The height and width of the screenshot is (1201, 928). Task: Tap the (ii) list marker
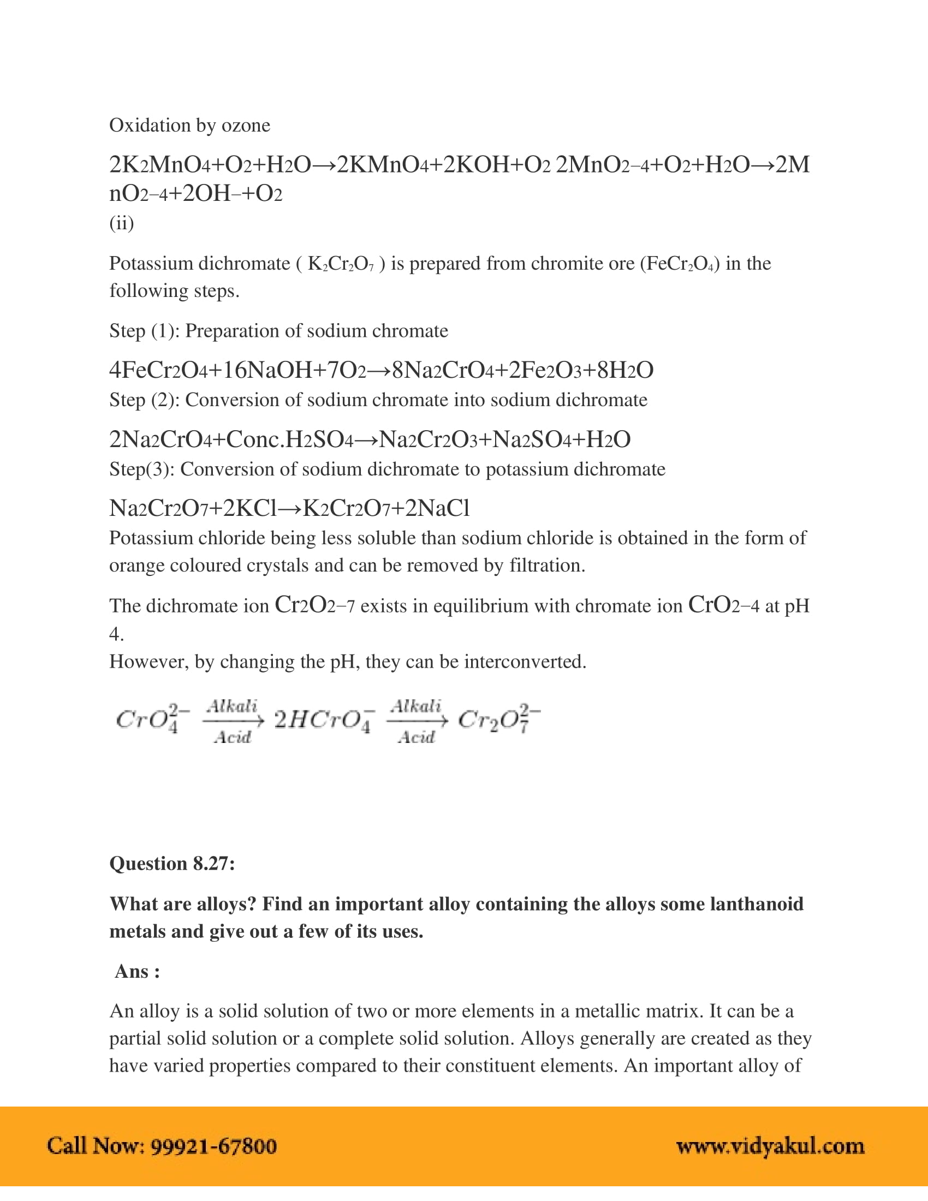[x=122, y=223]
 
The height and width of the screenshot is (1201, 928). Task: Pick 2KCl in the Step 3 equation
[x=249, y=508]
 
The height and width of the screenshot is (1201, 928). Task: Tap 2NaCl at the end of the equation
[x=437, y=508]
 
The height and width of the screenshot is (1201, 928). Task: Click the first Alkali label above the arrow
[x=232, y=705]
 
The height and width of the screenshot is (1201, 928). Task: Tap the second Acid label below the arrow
[x=416, y=737]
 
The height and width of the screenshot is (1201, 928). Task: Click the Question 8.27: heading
[x=172, y=864]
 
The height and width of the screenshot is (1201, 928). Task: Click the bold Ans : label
[x=137, y=972]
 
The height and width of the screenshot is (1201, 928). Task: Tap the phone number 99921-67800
[x=213, y=1146]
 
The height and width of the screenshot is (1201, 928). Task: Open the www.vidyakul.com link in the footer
[x=770, y=1146]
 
